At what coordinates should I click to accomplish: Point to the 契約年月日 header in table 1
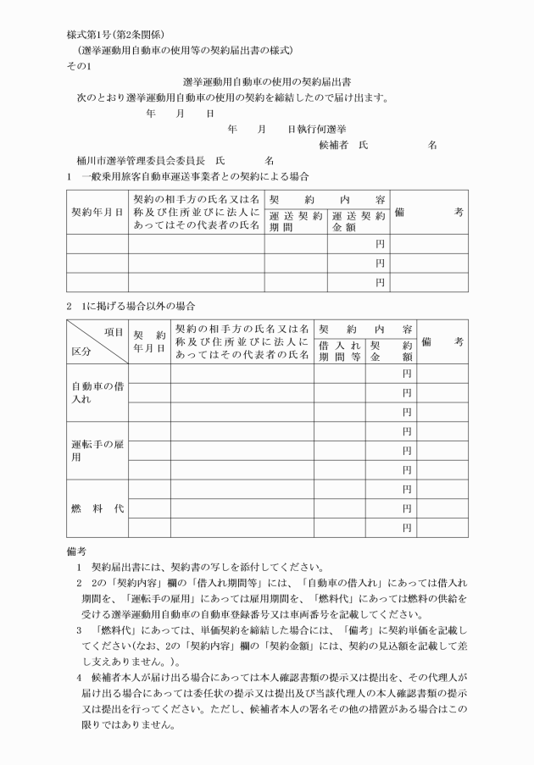(x=97, y=211)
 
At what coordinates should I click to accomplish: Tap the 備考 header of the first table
(x=429, y=211)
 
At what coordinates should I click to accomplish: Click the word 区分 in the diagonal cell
(x=81, y=351)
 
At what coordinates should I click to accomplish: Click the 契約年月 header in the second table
(x=148, y=341)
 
